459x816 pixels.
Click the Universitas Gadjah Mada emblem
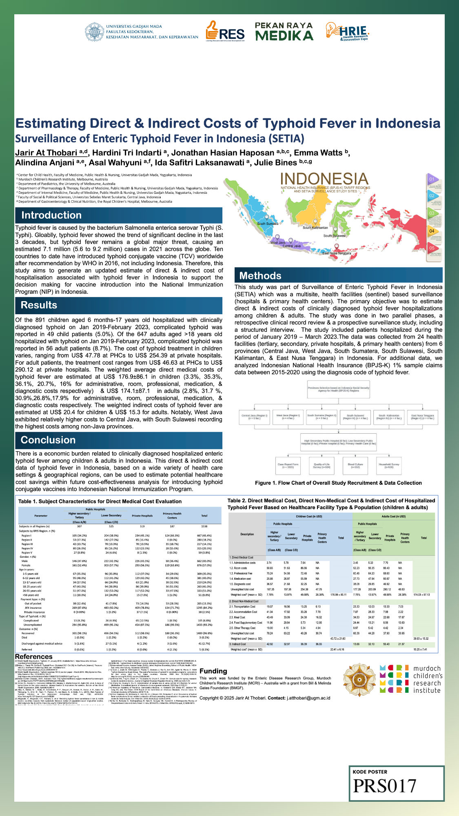pyautogui.click(x=94, y=32)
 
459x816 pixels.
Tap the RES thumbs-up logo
pyautogui.click(x=225, y=31)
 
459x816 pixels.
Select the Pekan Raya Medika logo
pyautogui.click(x=284, y=32)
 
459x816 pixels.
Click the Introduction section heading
pyautogui.click(x=51, y=215)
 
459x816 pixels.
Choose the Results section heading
pyautogui.click(x=39, y=305)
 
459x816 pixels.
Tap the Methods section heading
pyautogui.click(x=260, y=276)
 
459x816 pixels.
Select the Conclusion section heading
pyautogui.click(x=48, y=440)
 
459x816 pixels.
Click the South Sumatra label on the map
pyautogui.click(x=268, y=224)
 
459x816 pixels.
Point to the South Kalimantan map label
pyautogui.click(x=315, y=228)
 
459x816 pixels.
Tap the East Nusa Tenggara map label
pyautogui.click(x=337, y=253)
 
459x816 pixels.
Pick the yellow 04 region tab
pyautogui.click(x=432, y=231)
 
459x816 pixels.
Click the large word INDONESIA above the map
pyautogui.click(x=324, y=179)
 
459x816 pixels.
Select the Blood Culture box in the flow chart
pyautogui.click(x=355, y=466)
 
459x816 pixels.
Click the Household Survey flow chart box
pyautogui.click(x=389, y=466)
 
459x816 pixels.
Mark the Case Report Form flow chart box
pyautogui.click(x=288, y=466)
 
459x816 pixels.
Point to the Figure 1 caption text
pyautogui.click(x=338, y=483)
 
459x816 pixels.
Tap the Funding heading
pyautogui.click(x=213, y=671)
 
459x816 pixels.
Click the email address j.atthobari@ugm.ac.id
pyautogui.click(x=308, y=698)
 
